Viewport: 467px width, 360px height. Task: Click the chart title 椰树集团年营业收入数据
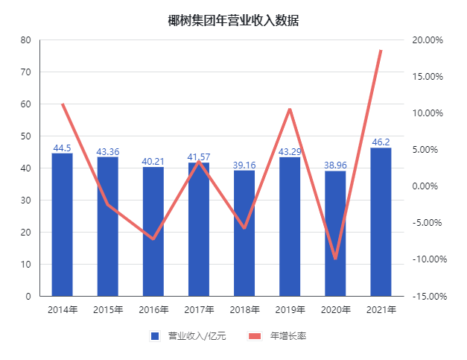point(233,20)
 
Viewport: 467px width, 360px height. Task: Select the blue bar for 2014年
point(62,224)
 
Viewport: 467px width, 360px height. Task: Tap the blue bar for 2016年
point(153,231)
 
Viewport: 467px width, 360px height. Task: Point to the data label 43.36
point(107,152)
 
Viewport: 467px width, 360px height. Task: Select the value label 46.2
point(381,142)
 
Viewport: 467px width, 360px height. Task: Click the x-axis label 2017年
point(199,309)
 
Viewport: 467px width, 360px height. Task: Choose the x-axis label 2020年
point(335,309)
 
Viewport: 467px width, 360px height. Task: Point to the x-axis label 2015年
point(107,309)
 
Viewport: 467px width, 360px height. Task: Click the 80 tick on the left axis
point(25,40)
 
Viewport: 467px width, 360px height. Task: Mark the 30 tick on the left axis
point(25,200)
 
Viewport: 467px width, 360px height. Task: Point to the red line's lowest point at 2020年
point(335,258)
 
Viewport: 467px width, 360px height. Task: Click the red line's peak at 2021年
point(381,51)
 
